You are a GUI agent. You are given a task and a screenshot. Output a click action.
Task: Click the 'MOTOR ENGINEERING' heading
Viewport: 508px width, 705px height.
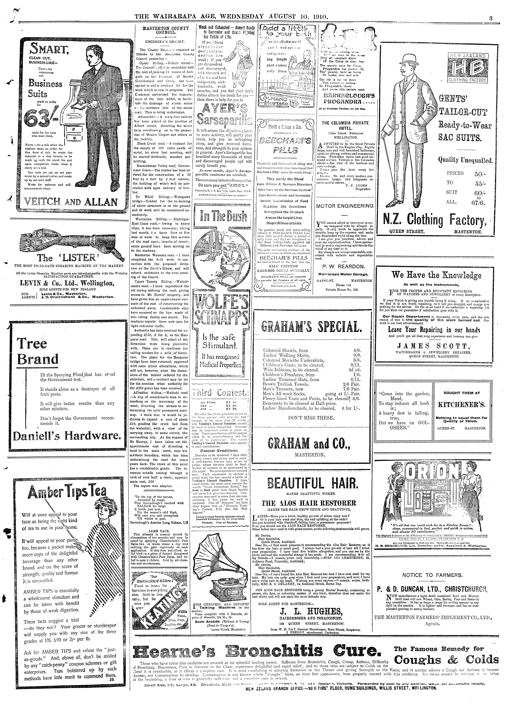click(x=345, y=206)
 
